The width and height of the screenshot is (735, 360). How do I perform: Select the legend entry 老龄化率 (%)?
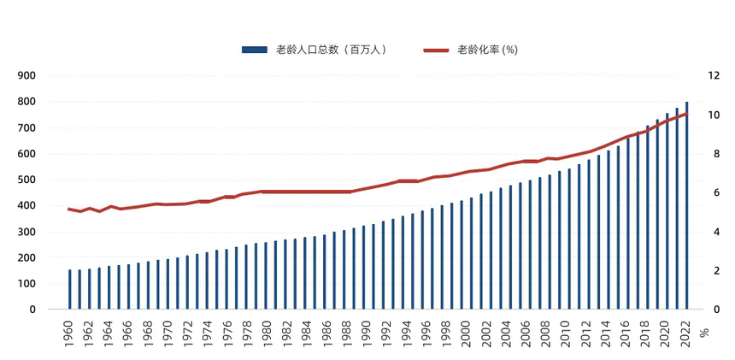(x=487, y=50)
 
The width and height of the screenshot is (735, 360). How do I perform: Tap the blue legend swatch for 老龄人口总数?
(x=256, y=50)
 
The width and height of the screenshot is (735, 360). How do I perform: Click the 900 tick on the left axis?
(x=26, y=75)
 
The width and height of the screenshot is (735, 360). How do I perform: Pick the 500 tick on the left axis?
(x=26, y=180)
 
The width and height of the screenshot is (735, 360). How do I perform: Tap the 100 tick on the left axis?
(x=26, y=284)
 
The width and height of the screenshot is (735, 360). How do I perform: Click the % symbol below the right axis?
(x=704, y=332)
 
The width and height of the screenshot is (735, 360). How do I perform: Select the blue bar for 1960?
(x=70, y=290)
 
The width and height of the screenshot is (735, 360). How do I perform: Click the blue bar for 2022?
(x=686, y=205)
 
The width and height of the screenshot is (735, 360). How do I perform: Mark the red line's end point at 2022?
(x=686, y=113)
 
